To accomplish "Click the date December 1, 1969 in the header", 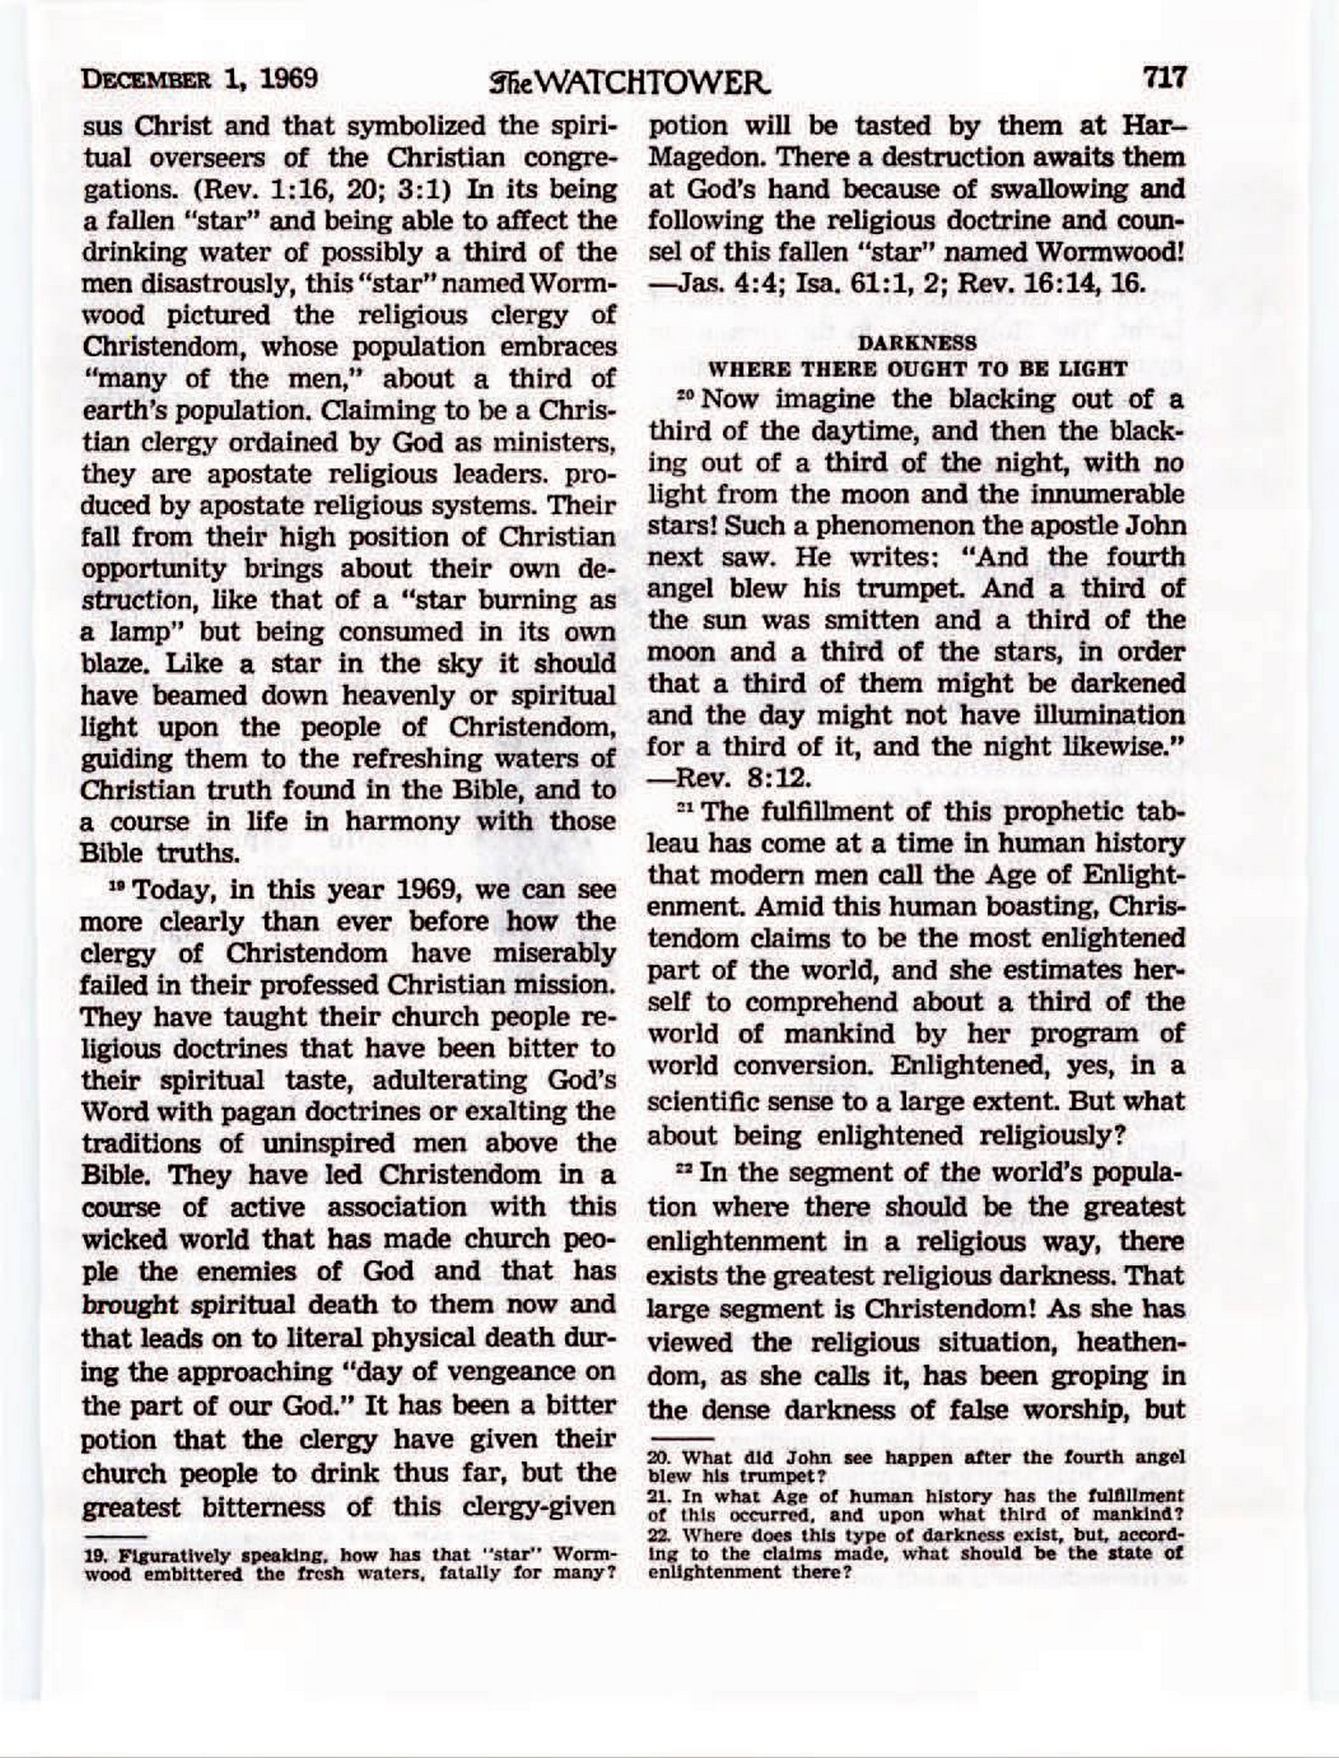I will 200,79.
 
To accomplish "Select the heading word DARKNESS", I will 917,342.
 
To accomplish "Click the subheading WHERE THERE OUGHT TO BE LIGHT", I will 917,368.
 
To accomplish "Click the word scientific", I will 699,1101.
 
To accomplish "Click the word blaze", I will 113,665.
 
